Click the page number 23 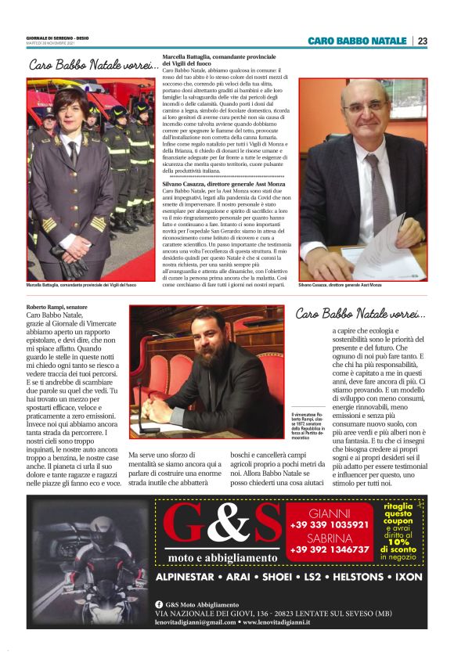[x=422, y=41]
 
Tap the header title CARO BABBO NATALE [x=357, y=41]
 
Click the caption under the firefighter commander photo [x=81, y=286]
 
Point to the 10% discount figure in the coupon [x=398, y=541]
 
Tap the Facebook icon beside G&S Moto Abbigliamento [x=159, y=604]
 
